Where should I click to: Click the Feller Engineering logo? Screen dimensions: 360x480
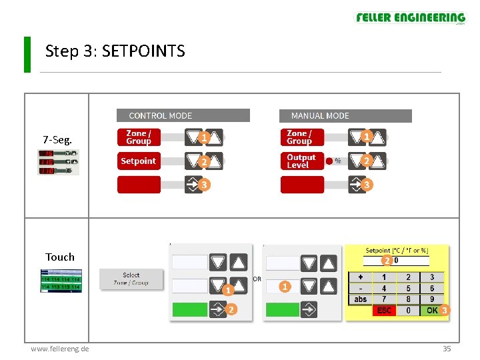[410, 19]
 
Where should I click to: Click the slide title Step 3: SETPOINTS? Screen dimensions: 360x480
[115, 51]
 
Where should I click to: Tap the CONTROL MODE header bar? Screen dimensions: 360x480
[183, 116]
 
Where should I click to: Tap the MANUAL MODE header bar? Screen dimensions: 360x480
[345, 116]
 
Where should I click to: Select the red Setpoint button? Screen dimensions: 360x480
[139, 161]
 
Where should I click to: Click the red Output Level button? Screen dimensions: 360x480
[302, 161]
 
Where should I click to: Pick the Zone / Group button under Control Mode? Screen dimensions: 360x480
[139, 137]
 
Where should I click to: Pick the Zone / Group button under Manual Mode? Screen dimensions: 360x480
[302, 137]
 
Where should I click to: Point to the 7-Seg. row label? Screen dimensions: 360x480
[57, 140]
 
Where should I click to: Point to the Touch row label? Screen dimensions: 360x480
[60, 257]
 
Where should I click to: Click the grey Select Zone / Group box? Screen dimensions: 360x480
[131, 279]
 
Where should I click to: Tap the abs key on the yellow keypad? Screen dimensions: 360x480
[361, 299]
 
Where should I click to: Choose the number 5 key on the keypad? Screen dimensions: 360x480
[408, 289]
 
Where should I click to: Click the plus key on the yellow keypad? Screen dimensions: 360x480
[361, 277]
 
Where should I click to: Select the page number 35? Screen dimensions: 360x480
[447, 349]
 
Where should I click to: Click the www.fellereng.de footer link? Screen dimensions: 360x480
[60, 349]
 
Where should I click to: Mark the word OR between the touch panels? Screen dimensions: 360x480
[257, 279]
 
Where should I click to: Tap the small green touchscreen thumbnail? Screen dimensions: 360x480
[61, 281]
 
